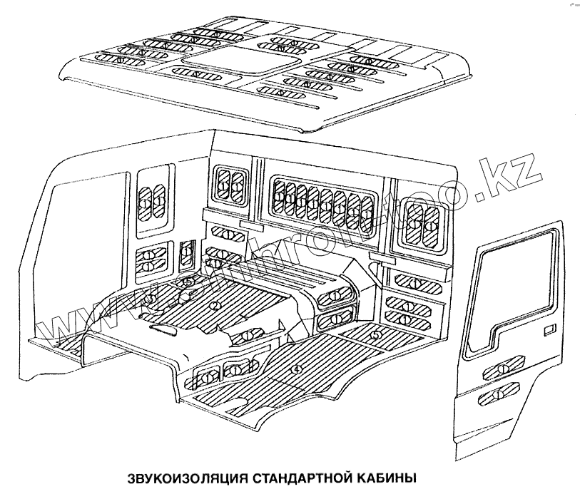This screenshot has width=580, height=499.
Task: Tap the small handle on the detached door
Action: click(549, 330)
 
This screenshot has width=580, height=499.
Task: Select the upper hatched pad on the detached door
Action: click(504, 369)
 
